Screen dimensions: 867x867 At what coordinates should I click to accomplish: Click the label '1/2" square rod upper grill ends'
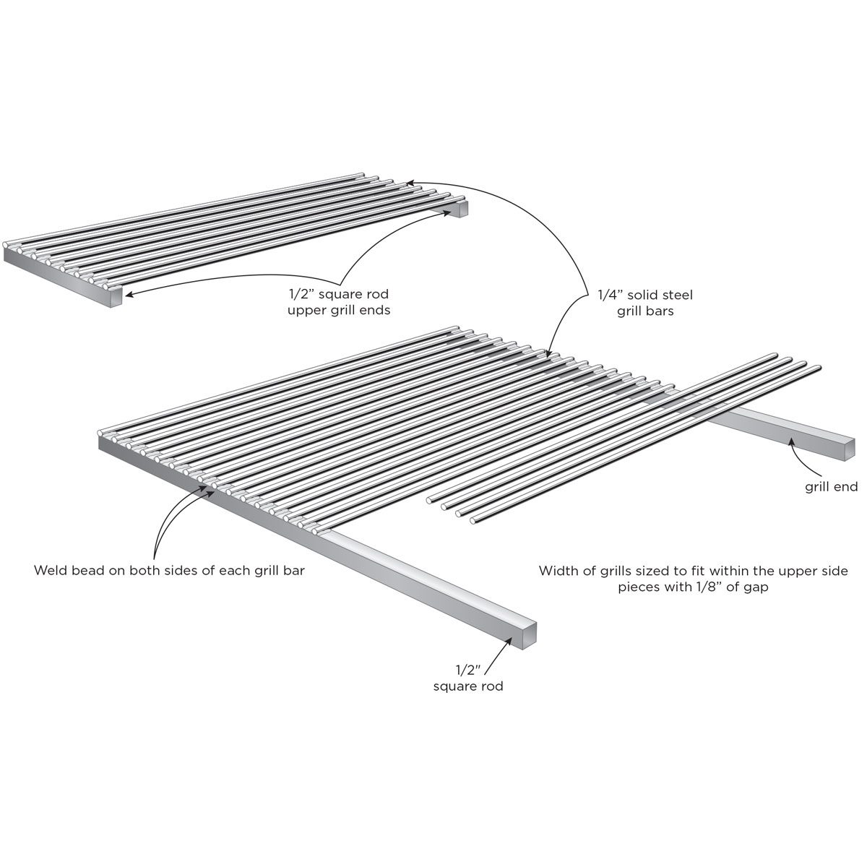pos(339,302)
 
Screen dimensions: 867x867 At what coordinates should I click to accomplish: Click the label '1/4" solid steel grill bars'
pos(644,303)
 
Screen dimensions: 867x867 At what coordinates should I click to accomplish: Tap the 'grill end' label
pos(832,487)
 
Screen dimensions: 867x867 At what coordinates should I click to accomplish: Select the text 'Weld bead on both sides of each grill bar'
pos(169,571)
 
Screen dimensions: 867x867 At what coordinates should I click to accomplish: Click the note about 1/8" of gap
pos(694,579)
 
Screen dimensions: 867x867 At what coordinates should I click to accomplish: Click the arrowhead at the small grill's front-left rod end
pos(129,295)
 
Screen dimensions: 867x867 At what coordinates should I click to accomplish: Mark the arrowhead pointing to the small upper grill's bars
pos(410,183)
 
